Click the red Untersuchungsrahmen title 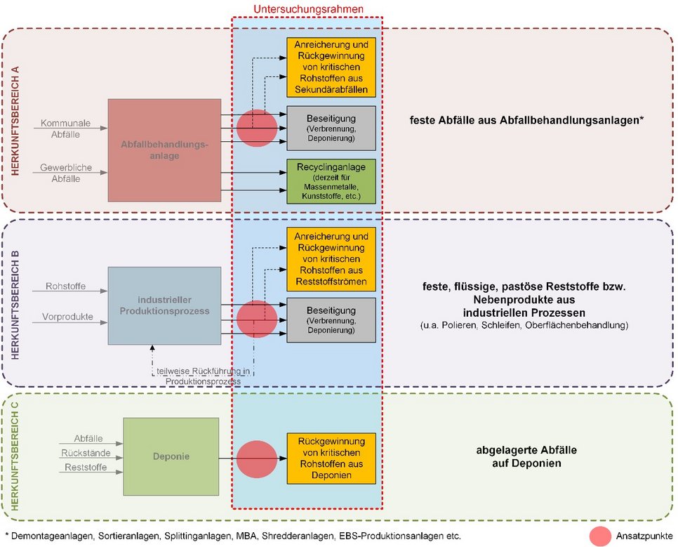(308, 9)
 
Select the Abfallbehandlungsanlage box (164, 150)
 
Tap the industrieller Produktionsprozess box (164, 305)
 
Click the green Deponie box (171, 456)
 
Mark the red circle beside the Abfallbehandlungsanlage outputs (257, 128)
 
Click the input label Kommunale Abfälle (65, 128)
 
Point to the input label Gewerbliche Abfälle (65, 173)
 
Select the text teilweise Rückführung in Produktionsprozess (204, 376)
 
